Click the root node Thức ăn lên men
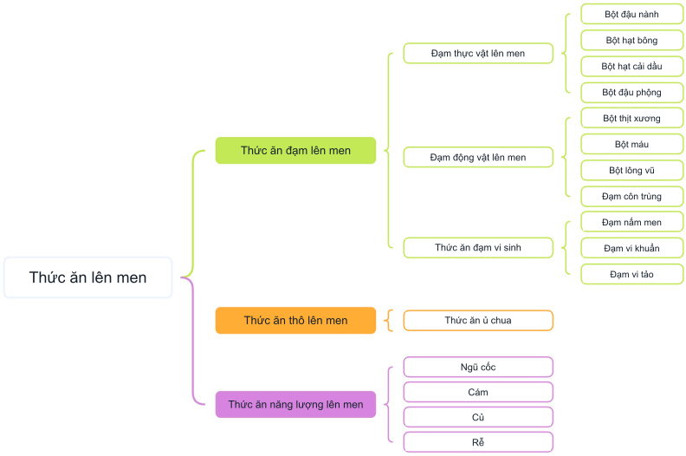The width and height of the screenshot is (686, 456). [x=88, y=277]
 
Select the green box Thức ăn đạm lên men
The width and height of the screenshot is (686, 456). [x=295, y=150]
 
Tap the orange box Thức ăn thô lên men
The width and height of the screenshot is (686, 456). [x=295, y=320]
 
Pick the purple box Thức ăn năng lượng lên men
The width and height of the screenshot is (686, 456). [x=295, y=404]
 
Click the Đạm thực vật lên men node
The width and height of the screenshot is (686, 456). [x=478, y=54]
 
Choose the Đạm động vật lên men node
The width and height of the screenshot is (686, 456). [x=478, y=157]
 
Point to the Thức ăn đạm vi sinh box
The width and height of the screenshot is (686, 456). [x=478, y=247]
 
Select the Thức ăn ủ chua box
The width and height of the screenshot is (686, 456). [x=478, y=320]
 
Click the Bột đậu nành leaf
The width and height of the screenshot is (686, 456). [x=631, y=14]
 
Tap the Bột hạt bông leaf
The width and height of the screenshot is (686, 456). [x=631, y=40]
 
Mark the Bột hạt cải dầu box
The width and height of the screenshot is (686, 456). [x=631, y=66]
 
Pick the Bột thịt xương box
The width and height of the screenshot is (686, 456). [x=631, y=118]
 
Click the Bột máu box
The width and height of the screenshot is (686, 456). [x=631, y=144]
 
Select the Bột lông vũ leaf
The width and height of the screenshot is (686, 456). [x=631, y=171]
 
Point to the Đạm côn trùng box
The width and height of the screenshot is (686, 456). [x=631, y=196]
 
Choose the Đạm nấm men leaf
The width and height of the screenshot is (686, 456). [x=631, y=222]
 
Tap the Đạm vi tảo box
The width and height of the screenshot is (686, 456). [x=631, y=274]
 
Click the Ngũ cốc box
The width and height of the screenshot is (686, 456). [x=478, y=367]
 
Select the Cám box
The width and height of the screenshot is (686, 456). [x=478, y=392]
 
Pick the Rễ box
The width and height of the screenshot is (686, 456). [x=478, y=442]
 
